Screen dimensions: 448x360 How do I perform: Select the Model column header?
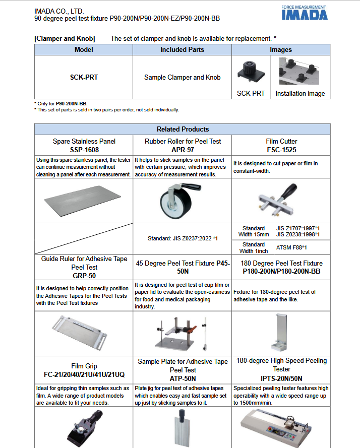coord(84,49)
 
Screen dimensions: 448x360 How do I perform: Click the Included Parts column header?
coord(182,49)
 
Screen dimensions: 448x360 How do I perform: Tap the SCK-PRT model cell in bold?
coord(84,78)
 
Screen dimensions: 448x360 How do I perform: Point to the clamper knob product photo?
coord(251,72)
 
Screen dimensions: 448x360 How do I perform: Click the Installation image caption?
coord(300,93)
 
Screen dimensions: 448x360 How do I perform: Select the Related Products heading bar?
coord(183,129)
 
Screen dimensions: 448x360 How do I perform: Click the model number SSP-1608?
coord(84,150)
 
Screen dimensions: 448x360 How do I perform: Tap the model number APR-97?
coord(183,150)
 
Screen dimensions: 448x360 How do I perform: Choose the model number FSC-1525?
coord(281,150)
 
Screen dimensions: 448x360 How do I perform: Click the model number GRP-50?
coord(84,276)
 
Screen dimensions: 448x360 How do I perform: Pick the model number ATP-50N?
coord(183,378)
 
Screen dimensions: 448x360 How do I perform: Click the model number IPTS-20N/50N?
coord(281,378)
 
